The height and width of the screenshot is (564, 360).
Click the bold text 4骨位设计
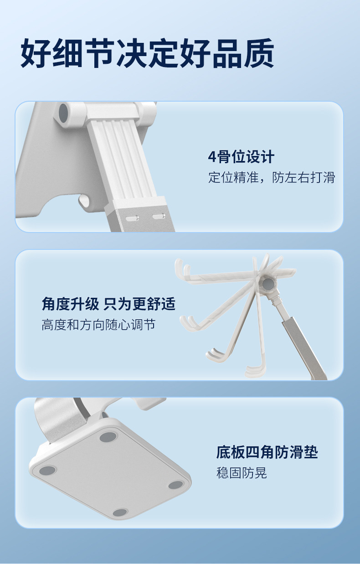[242, 157]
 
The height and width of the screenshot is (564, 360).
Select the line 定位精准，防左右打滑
[272, 177]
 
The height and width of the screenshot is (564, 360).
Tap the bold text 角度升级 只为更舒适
[108, 304]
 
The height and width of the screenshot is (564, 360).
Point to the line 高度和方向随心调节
[98, 325]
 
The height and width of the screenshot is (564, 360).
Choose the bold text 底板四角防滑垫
[267, 452]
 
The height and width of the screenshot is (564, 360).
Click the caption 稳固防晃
[242, 473]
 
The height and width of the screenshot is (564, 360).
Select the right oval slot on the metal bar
[159, 216]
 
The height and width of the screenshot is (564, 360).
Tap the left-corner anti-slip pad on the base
[47, 471]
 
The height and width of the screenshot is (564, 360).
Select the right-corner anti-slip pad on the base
[176, 485]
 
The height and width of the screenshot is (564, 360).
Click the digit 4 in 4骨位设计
[212, 157]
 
